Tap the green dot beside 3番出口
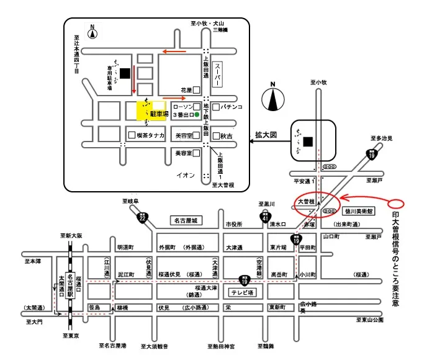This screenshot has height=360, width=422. coord(197,115)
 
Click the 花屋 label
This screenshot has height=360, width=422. coord(186,90)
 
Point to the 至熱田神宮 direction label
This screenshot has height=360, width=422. coord(222,346)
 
